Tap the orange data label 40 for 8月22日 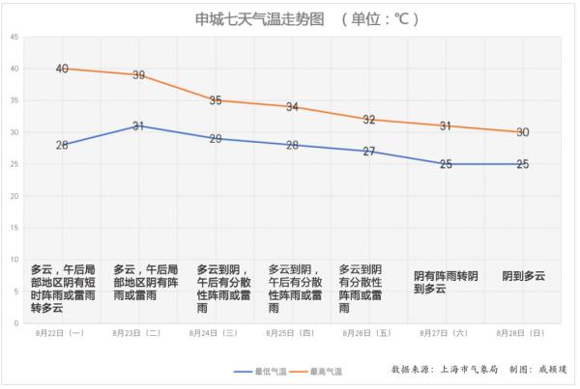click(x=62, y=69)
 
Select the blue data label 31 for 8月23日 click(x=138, y=125)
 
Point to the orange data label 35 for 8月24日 click(x=215, y=100)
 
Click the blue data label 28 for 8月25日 click(x=292, y=145)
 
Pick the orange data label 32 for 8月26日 click(x=368, y=120)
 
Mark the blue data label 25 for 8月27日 click(x=446, y=164)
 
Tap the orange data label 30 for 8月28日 click(x=522, y=132)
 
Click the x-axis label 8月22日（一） click(x=62, y=333)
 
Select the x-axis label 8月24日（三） click(x=215, y=333)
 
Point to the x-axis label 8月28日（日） click(x=522, y=333)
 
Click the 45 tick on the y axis click(x=14, y=37)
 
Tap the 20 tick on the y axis click(x=14, y=196)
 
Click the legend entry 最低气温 click(x=258, y=371)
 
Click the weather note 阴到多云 click(x=523, y=276)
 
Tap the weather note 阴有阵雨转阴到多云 click(x=446, y=282)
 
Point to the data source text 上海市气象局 click(x=468, y=370)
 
